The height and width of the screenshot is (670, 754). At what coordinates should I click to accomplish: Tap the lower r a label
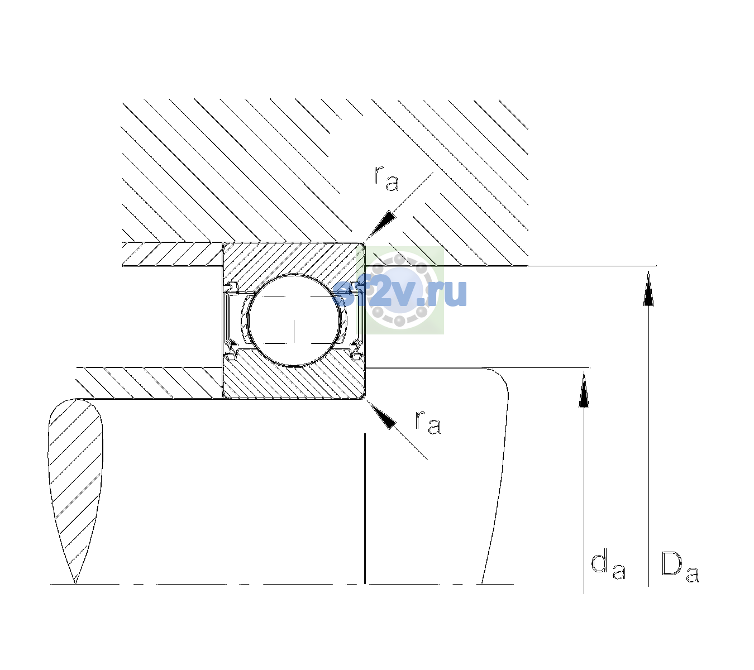428,423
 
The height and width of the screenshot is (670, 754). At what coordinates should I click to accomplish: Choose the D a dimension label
680,567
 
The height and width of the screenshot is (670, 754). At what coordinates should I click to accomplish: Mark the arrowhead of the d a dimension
584,389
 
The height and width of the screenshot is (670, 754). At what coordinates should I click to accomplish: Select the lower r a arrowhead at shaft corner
380,415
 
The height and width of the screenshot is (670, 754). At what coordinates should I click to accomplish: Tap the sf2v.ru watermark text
400,293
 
